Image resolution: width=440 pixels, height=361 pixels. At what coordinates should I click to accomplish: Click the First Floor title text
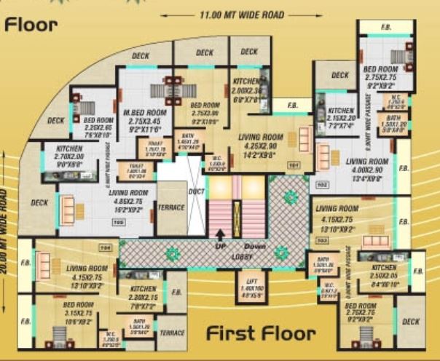click(x=261, y=334)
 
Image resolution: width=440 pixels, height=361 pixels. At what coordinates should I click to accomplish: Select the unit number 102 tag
click(x=321, y=185)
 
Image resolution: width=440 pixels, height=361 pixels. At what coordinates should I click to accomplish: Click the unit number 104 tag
click(x=104, y=247)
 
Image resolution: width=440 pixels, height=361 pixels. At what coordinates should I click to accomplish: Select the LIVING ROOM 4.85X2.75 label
click(x=128, y=197)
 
